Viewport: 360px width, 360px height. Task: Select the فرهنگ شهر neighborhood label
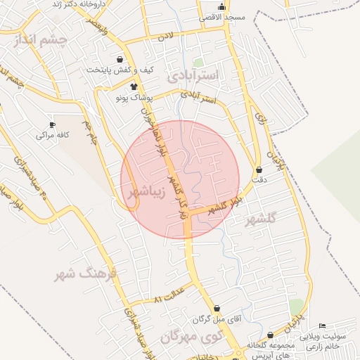coord(84,274)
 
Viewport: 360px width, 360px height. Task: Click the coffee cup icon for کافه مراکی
coord(52,124)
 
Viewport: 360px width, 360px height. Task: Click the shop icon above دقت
coord(260,169)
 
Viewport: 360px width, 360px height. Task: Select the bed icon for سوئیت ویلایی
coord(322,326)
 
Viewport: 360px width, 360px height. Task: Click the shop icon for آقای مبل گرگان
coord(217,309)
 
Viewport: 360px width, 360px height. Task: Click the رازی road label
coord(261,120)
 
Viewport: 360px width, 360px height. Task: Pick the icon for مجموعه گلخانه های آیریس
coord(270,336)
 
